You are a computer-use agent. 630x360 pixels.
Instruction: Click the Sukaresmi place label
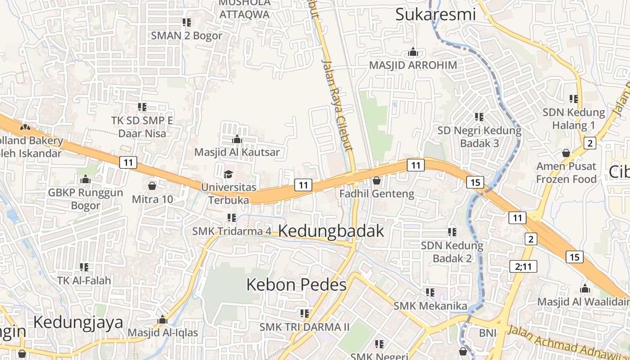(435, 14)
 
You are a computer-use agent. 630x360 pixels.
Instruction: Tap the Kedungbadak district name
(331, 231)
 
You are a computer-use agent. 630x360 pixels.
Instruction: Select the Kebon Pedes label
(297, 285)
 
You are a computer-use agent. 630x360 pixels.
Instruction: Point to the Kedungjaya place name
(78, 323)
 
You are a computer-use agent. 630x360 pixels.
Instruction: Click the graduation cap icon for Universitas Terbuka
(229, 174)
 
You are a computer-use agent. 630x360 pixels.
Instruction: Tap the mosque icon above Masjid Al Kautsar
(237, 139)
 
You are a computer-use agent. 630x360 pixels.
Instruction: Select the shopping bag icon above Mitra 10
(152, 185)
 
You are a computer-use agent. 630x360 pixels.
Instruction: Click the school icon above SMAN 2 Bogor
(186, 22)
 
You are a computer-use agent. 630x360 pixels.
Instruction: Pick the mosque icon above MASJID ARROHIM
(413, 52)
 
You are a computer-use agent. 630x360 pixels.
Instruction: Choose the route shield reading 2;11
(523, 266)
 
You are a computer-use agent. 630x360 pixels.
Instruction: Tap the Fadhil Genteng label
(377, 194)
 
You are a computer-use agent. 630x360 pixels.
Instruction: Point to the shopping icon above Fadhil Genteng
(376, 181)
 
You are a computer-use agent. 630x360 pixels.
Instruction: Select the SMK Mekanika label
(430, 306)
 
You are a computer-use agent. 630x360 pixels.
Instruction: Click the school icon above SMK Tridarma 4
(232, 218)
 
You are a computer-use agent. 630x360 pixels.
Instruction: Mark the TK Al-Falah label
(84, 280)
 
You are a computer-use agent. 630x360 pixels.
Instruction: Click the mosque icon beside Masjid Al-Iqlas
(162, 320)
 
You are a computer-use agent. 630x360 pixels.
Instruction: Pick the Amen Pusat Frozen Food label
(566, 173)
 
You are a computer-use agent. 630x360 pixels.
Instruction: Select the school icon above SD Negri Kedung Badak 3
(479, 117)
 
